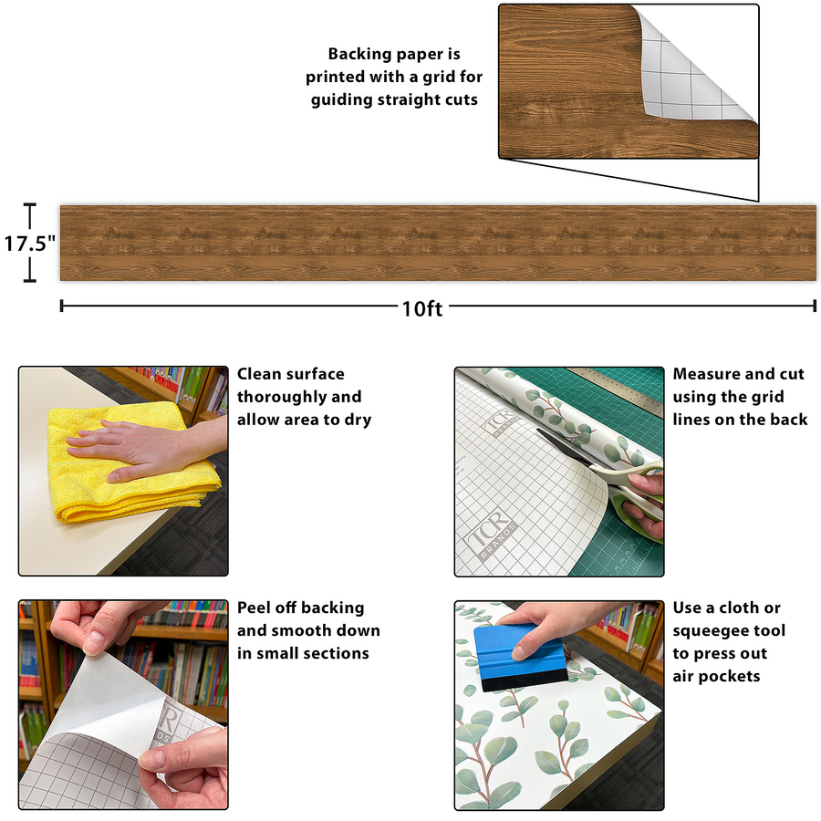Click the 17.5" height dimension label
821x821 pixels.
click(29, 244)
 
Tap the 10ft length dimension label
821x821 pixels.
click(422, 309)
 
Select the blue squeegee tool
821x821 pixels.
click(520, 657)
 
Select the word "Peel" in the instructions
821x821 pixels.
click(254, 608)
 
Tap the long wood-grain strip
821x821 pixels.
click(438, 243)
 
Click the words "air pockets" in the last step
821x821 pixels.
click(716, 677)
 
